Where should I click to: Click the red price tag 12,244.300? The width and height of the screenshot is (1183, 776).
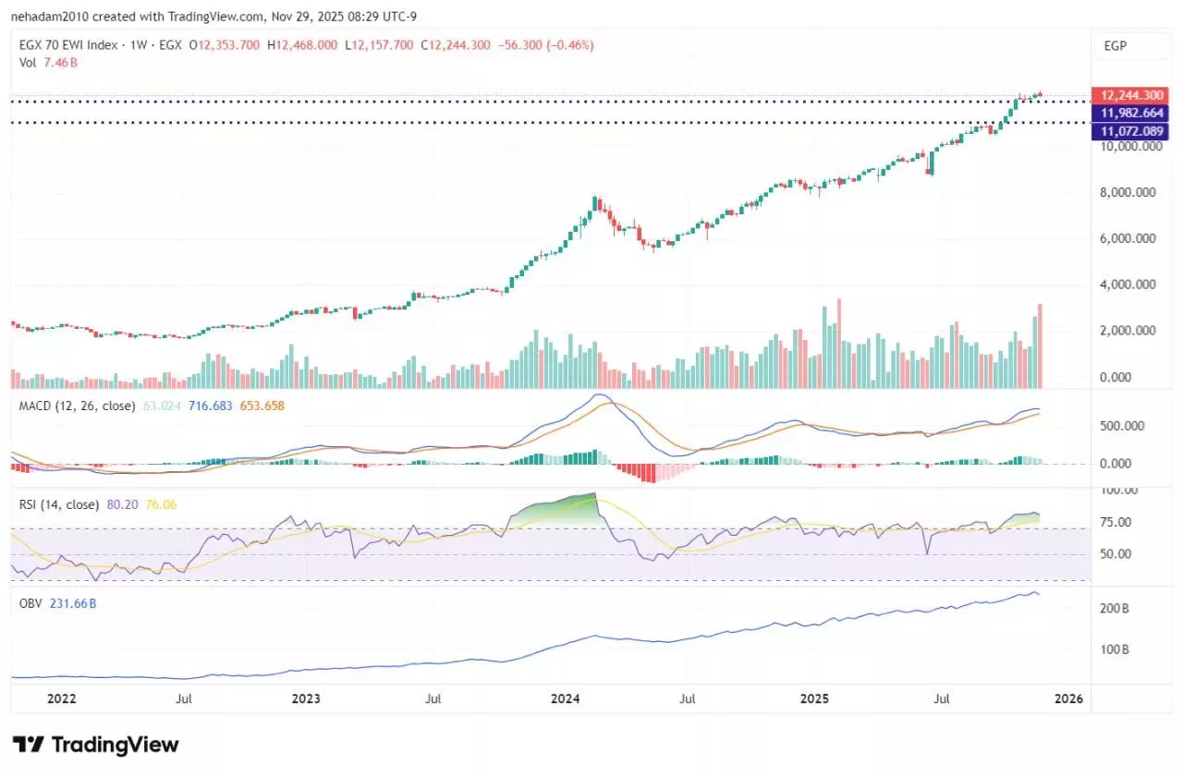coord(1128,95)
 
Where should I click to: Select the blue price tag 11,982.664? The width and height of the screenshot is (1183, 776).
coord(1128,113)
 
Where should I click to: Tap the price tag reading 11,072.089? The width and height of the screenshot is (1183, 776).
coord(1128,131)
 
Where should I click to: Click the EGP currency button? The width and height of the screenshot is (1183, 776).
coord(1115,45)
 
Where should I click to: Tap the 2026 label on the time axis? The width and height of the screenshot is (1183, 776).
coord(1069,700)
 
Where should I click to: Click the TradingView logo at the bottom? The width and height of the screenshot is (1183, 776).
coord(95,745)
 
